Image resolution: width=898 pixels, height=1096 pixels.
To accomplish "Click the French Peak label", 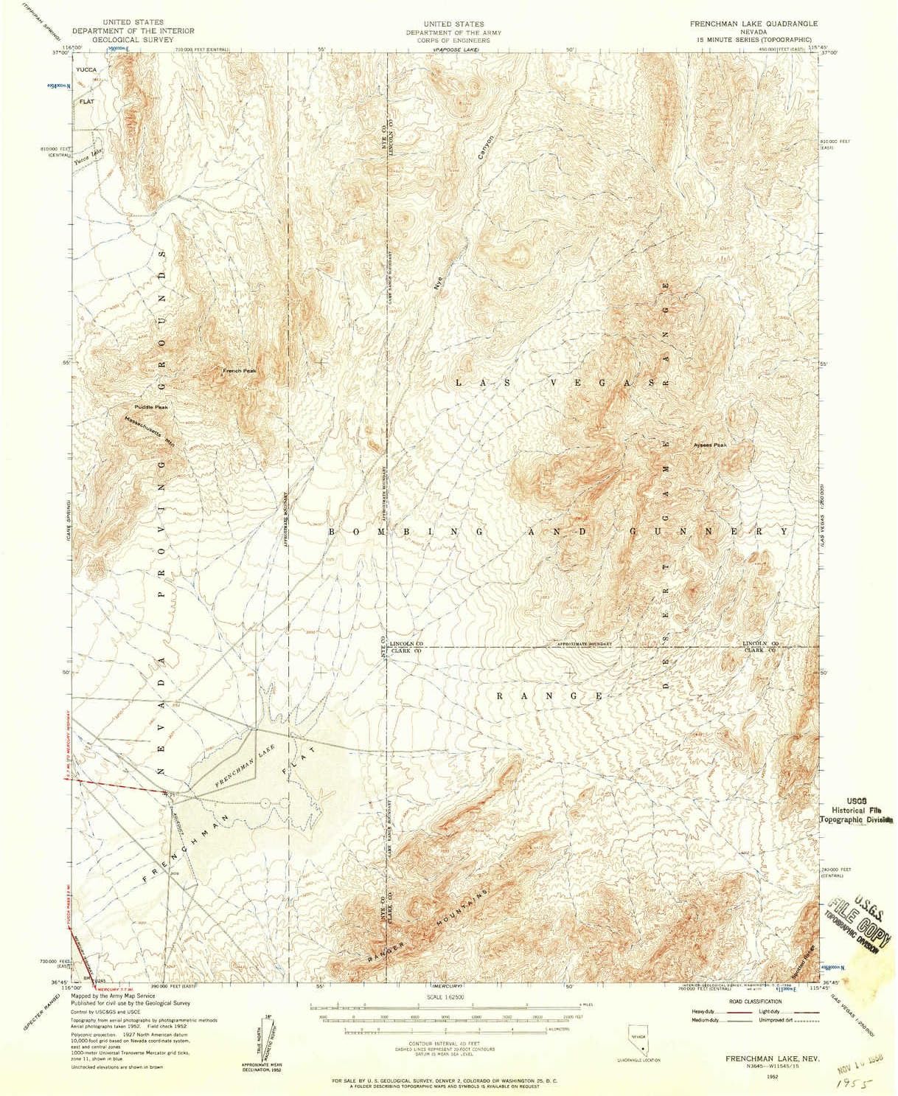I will (x=240, y=370).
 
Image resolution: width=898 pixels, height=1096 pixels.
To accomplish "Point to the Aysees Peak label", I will (x=710, y=445).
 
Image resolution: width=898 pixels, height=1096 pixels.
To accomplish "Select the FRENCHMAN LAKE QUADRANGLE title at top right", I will (x=743, y=24).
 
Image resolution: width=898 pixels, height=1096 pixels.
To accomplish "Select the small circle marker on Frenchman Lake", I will (x=264, y=802).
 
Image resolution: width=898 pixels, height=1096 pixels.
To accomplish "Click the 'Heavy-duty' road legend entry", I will (x=703, y=1011).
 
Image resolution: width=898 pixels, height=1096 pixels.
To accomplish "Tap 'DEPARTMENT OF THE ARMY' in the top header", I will (x=448, y=32).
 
